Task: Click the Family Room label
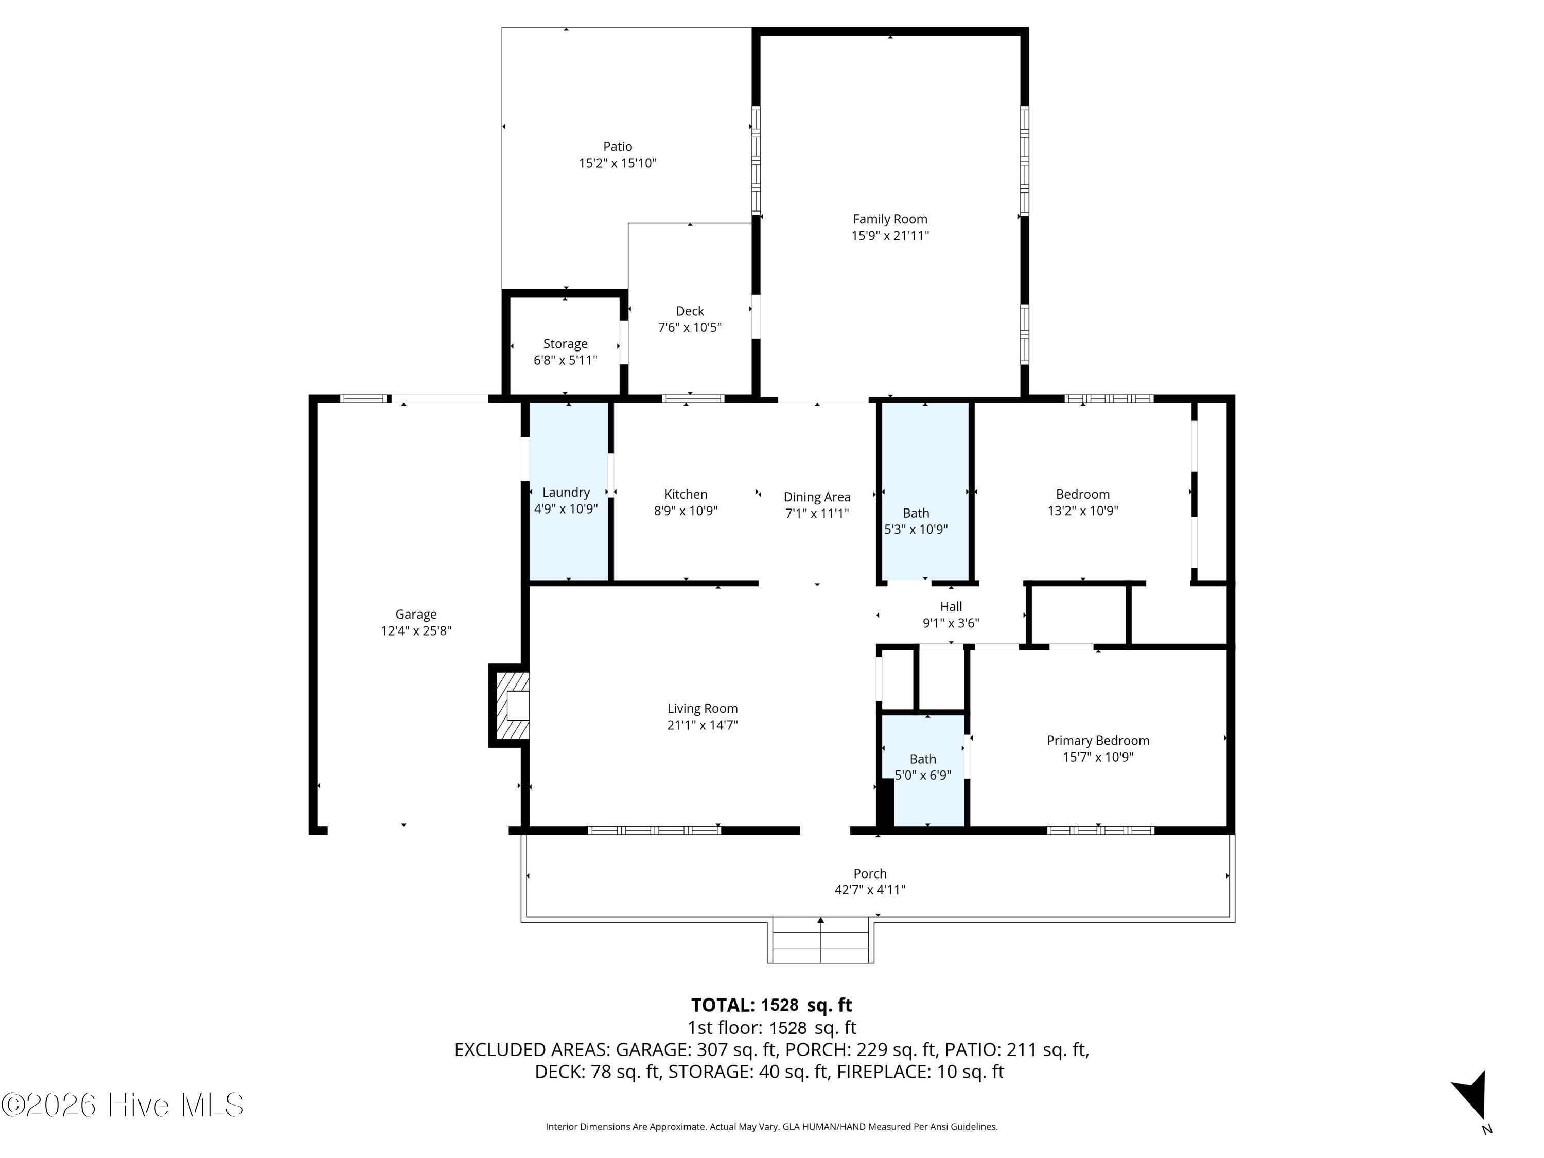pos(890,219)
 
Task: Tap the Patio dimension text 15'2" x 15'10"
pos(618,163)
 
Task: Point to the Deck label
pos(690,311)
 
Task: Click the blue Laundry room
pos(568,492)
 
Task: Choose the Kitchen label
pos(686,494)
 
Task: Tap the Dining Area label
pos(817,497)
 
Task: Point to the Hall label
pos(951,607)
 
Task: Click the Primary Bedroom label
pos(1098,741)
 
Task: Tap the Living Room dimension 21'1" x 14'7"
pos(702,725)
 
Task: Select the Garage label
pos(416,614)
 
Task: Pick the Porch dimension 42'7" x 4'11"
pos(870,890)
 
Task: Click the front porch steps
pos(821,942)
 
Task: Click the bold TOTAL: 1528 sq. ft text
pos(771,1005)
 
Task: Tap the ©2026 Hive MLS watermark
pos(123,1105)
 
